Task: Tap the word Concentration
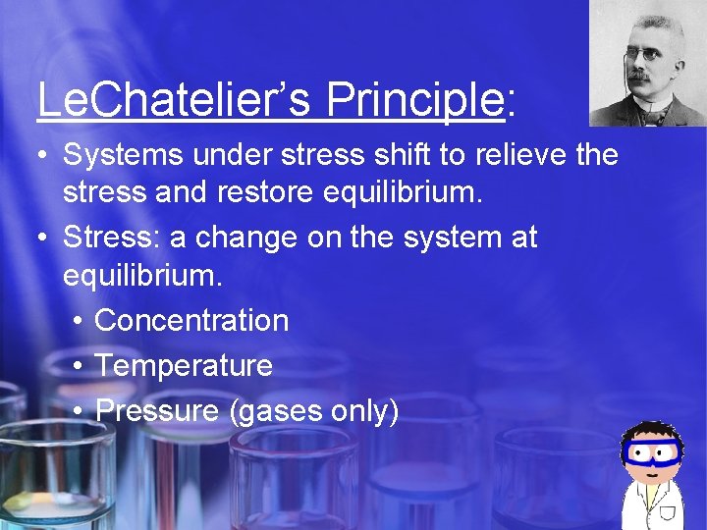[191, 321]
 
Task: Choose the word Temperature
[184, 366]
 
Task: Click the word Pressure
[157, 411]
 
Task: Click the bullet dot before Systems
[45, 155]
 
